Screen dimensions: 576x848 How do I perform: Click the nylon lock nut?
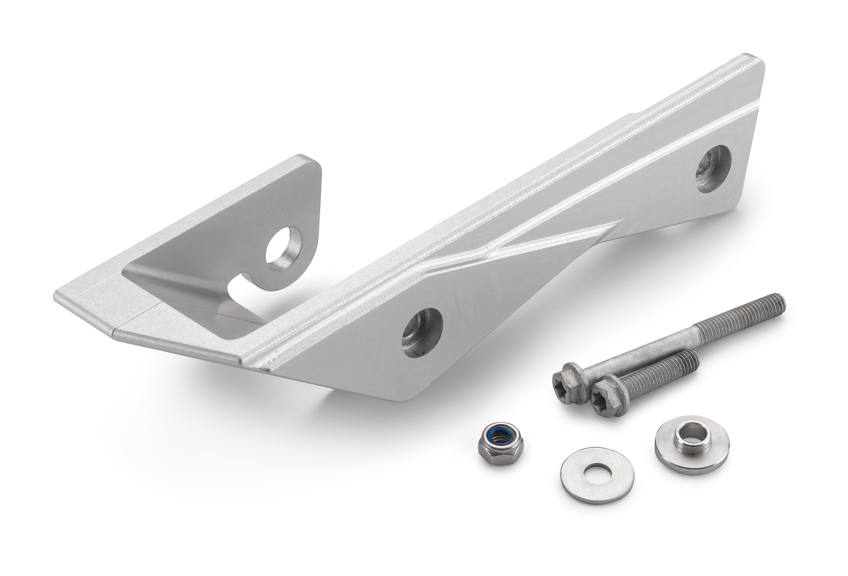coord(500,443)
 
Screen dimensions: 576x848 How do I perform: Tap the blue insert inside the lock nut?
coord(500,435)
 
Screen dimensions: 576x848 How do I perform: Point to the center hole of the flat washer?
coord(598,473)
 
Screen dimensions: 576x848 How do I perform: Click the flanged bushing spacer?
coord(691,445)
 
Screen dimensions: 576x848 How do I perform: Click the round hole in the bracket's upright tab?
coord(284,248)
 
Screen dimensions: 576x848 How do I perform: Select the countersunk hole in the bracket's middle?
coord(422,332)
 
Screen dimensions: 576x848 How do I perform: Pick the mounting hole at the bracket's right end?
coord(713,168)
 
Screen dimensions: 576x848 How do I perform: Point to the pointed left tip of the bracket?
coord(58,295)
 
